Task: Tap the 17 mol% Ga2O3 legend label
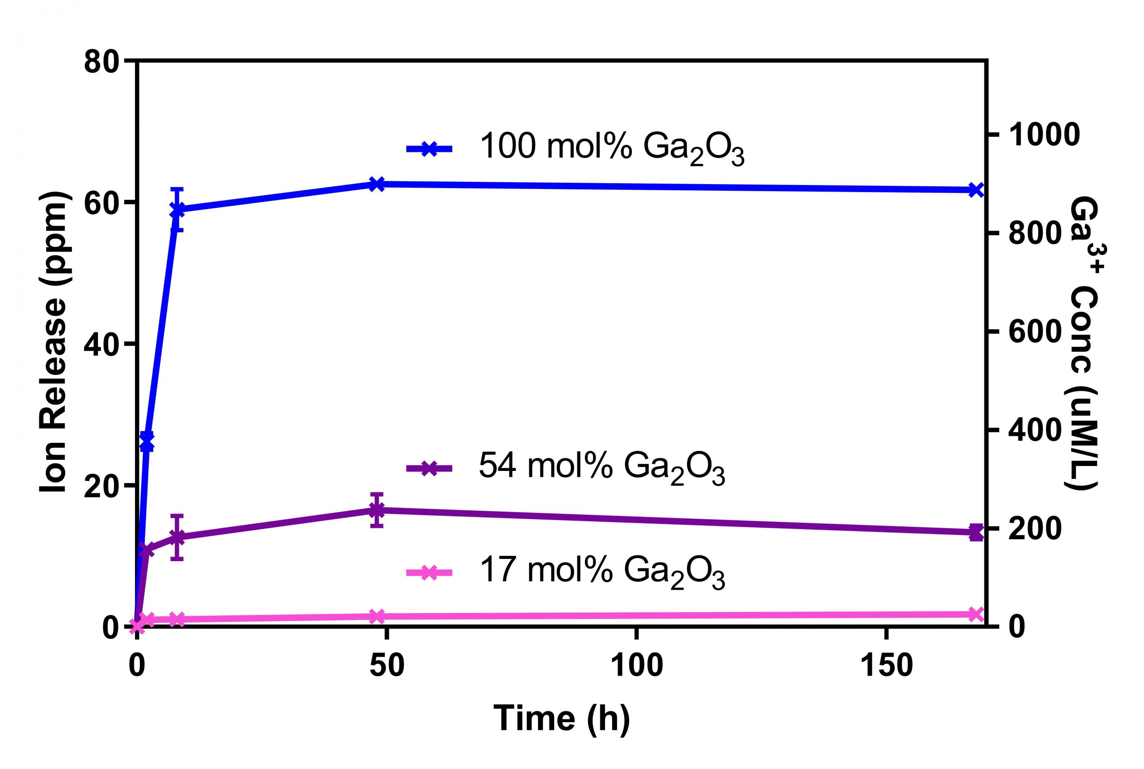pos(601,572)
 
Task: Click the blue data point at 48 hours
pos(376,185)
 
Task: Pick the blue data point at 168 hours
pos(976,190)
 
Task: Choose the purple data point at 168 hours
pos(976,532)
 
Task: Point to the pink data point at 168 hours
pos(976,614)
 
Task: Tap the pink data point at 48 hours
pos(376,617)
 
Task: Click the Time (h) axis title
pos(561,719)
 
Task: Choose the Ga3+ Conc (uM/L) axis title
pos(1080,343)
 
